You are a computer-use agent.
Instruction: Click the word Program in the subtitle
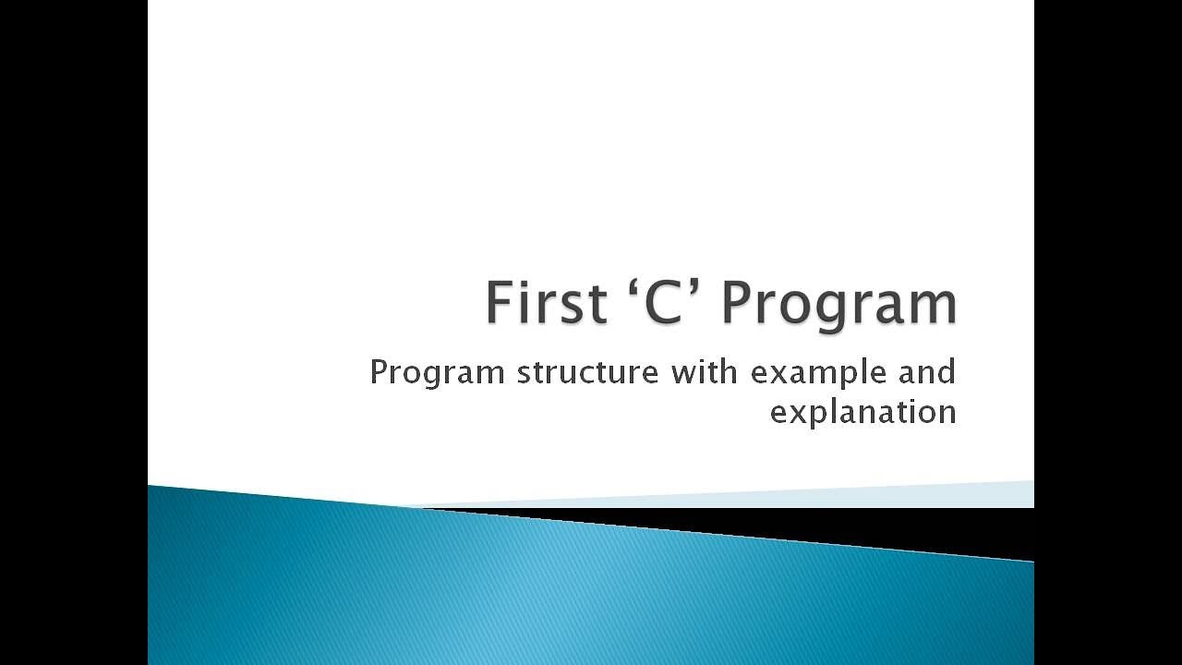click(x=438, y=374)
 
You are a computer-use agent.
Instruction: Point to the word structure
click(x=588, y=373)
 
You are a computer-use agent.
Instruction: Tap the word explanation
click(x=862, y=412)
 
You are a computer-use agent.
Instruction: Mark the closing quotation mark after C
click(x=695, y=285)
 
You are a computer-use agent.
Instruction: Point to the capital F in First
click(x=499, y=303)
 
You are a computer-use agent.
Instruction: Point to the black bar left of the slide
click(x=74, y=332)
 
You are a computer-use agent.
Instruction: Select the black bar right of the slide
click(x=1108, y=332)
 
